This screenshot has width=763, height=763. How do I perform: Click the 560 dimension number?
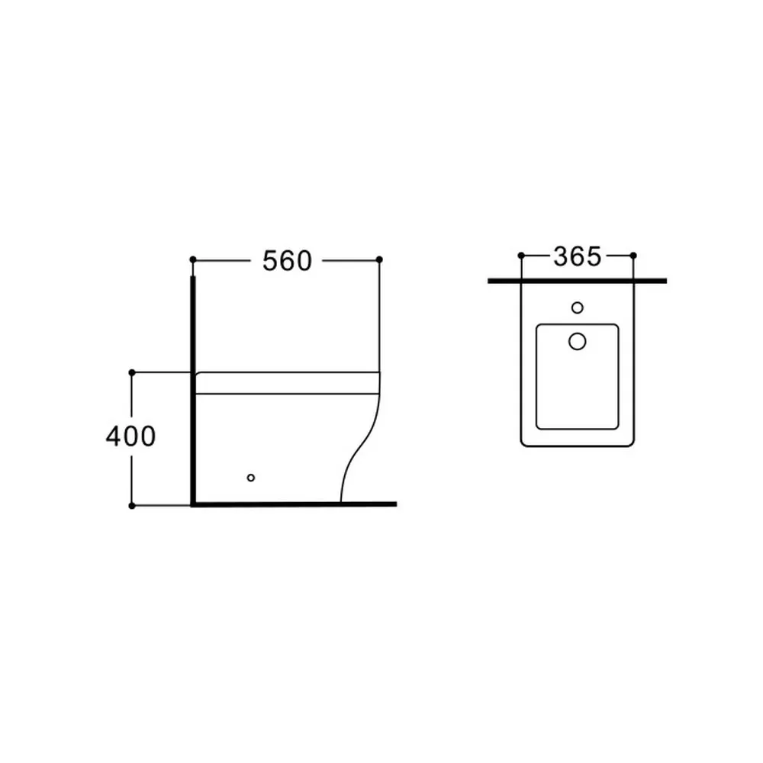point(287,261)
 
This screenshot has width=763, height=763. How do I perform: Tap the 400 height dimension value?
point(131,436)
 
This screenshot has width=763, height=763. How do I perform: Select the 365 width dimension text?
point(577,256)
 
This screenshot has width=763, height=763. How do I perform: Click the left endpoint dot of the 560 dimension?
point(193,259)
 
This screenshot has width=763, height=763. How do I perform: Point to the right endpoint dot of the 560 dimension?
point(379,259)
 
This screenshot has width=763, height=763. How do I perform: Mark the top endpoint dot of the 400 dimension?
point(132,372)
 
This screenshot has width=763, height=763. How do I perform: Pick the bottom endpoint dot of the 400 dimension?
point(132,506)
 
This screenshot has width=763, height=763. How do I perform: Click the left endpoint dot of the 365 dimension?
point(521,256)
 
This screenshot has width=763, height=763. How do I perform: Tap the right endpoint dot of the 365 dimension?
point(633,256)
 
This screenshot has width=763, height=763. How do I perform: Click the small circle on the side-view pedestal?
point(250,478)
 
